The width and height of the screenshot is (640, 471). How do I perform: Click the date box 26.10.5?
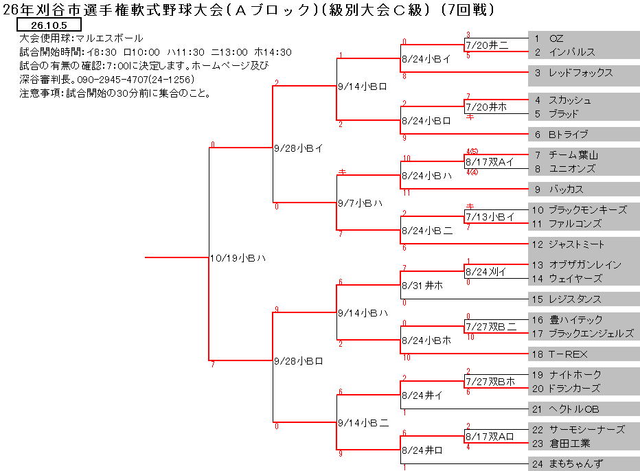tap(49, 25)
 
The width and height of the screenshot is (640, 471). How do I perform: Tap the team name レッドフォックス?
tap(581, 73)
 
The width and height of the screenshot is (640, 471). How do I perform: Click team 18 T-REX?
tap(559, 354)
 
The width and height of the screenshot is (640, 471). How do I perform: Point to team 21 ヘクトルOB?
tap(565, 409)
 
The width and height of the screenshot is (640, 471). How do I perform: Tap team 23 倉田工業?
tap(561, 444)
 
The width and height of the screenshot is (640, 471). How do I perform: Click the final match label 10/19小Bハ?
tap(238, 258)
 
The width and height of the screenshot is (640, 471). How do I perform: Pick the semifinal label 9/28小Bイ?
tap(298, 148)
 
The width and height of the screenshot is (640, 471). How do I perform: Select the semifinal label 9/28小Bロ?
tap(298, 361)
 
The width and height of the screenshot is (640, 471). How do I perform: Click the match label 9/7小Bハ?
tap(360, 203)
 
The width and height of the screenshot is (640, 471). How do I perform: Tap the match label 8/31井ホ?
tap(422, 286)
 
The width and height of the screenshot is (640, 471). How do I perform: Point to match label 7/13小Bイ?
tap(490, 217)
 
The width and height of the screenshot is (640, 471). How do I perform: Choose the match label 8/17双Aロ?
tap(490, 437)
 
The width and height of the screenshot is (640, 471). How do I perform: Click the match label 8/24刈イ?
tap(486, 272)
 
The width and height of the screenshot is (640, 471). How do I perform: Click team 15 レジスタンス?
tap(567, 299)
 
